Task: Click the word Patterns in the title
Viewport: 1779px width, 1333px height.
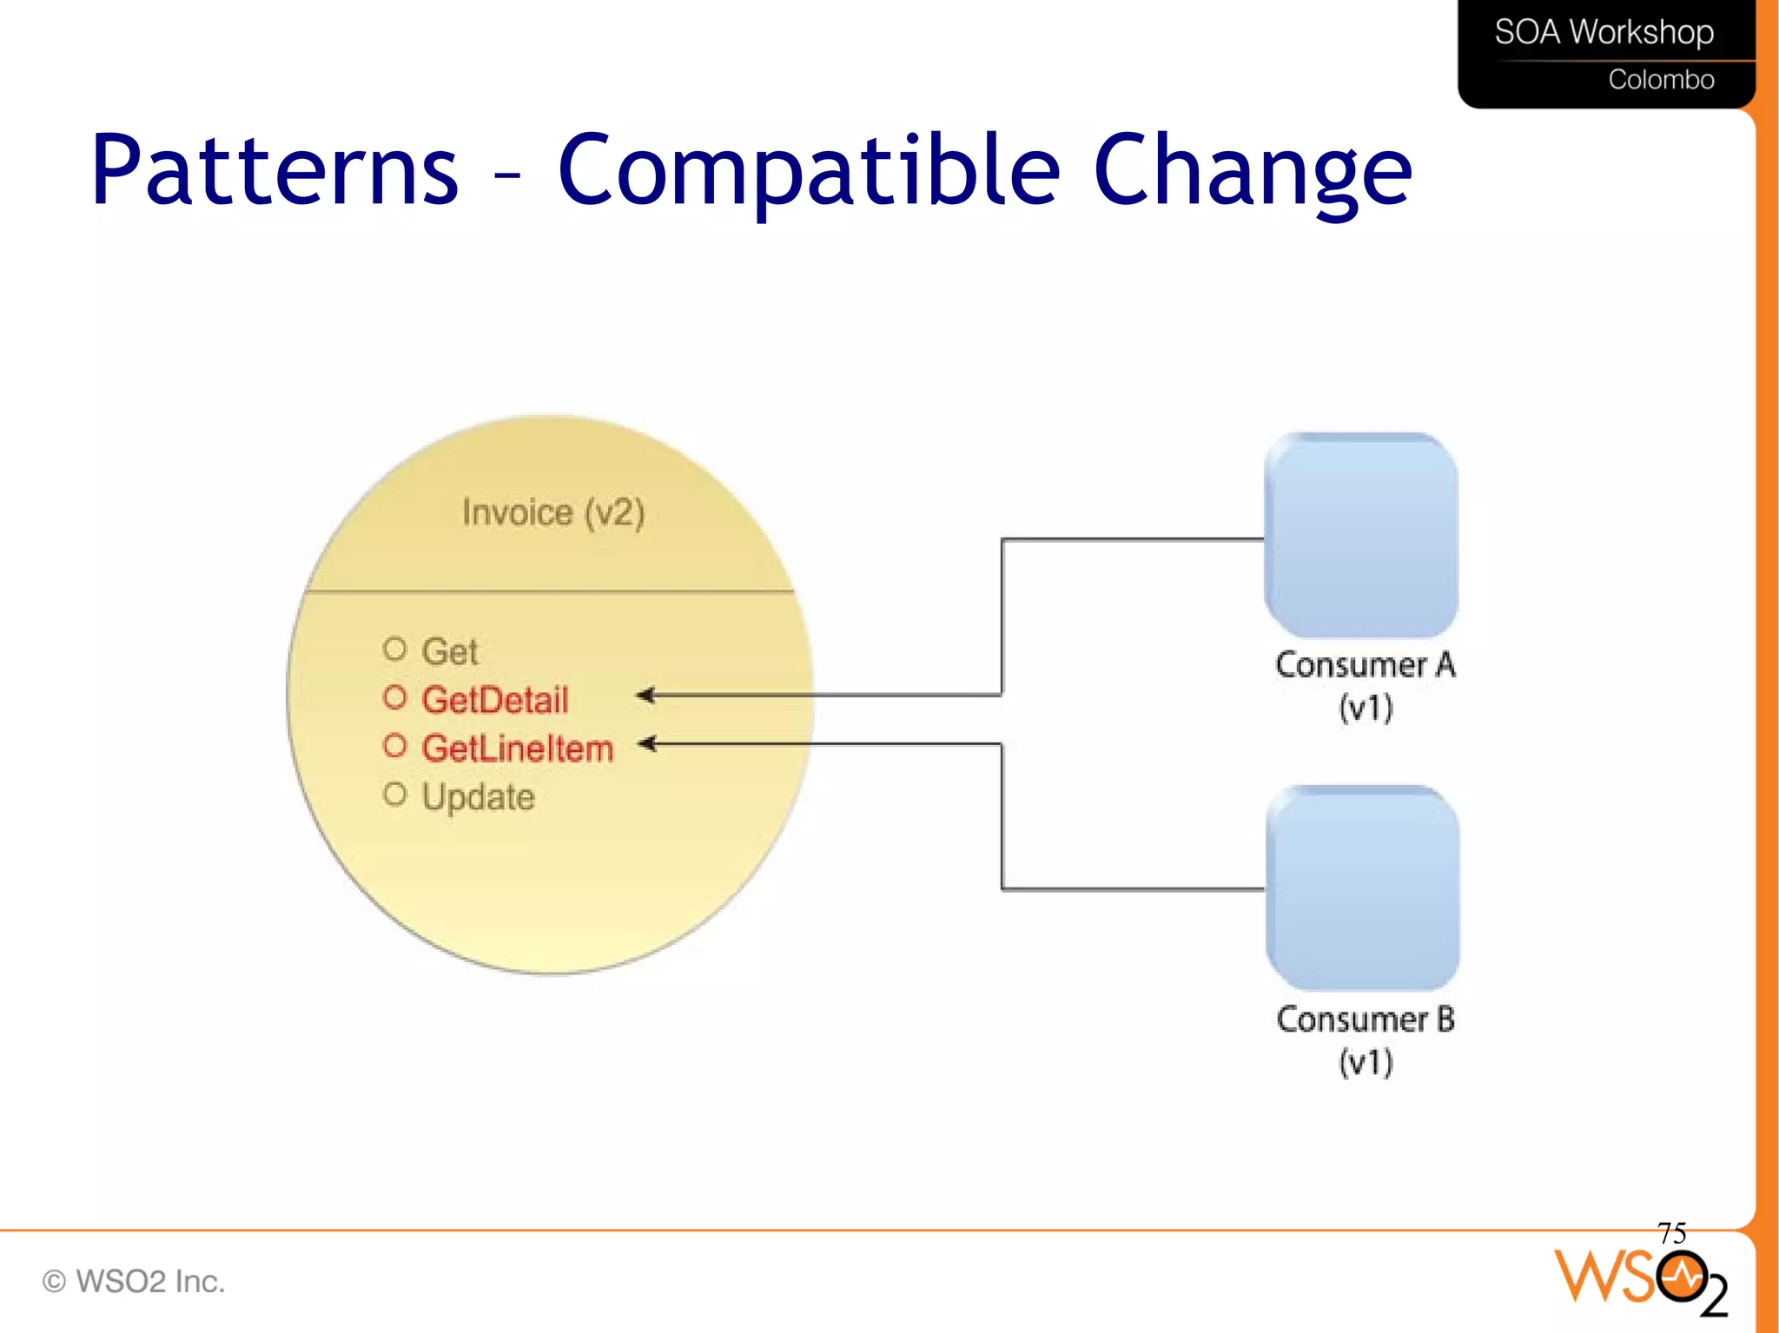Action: pyautogui.click(x=274, y=170)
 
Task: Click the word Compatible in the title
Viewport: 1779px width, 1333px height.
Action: pyautogui.click(x=808, y=170)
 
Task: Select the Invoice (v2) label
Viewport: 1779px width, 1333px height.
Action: pyautogui.click(x=553, y=512)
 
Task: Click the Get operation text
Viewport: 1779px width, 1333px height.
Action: pyautogui.click(x=450, y=651)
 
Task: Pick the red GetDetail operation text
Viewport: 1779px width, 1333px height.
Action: pyautogui.click(x=495, y=700)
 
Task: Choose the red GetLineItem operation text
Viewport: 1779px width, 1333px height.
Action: pyautogui.click(x=518, y=749)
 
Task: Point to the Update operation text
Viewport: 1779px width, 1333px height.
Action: pyautogui.click(x=479, y=797)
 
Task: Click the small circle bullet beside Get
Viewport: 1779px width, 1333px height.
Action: pyautogui.click(x=394, y=649)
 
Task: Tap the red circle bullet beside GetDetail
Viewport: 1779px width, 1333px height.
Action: pyautogui.click(x=394, y=697)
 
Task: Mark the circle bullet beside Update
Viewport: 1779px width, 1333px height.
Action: pyautogui.click(x=394, y=794)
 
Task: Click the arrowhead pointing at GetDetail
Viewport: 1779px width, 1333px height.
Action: pyautogui.click(x=646, y=695)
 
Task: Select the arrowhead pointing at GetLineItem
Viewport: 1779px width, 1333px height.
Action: pyautogui.click(x=648, y=743)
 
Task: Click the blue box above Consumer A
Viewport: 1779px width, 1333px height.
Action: pyautogui.click(x=1361, y=536)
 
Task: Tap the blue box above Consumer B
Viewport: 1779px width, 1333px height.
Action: pyautogui.click(x=1362, y=888)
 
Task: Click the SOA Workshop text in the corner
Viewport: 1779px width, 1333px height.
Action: pyautogui.click(x=1604, y=32)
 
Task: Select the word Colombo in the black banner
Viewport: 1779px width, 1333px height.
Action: pyautogui.click(x=1661, y=80)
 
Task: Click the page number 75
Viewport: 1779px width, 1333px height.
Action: pyautogui.click(x=1671, y=1232)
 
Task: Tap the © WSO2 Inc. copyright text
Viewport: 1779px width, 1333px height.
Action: pyautogui.click(x=134, y=1281)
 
